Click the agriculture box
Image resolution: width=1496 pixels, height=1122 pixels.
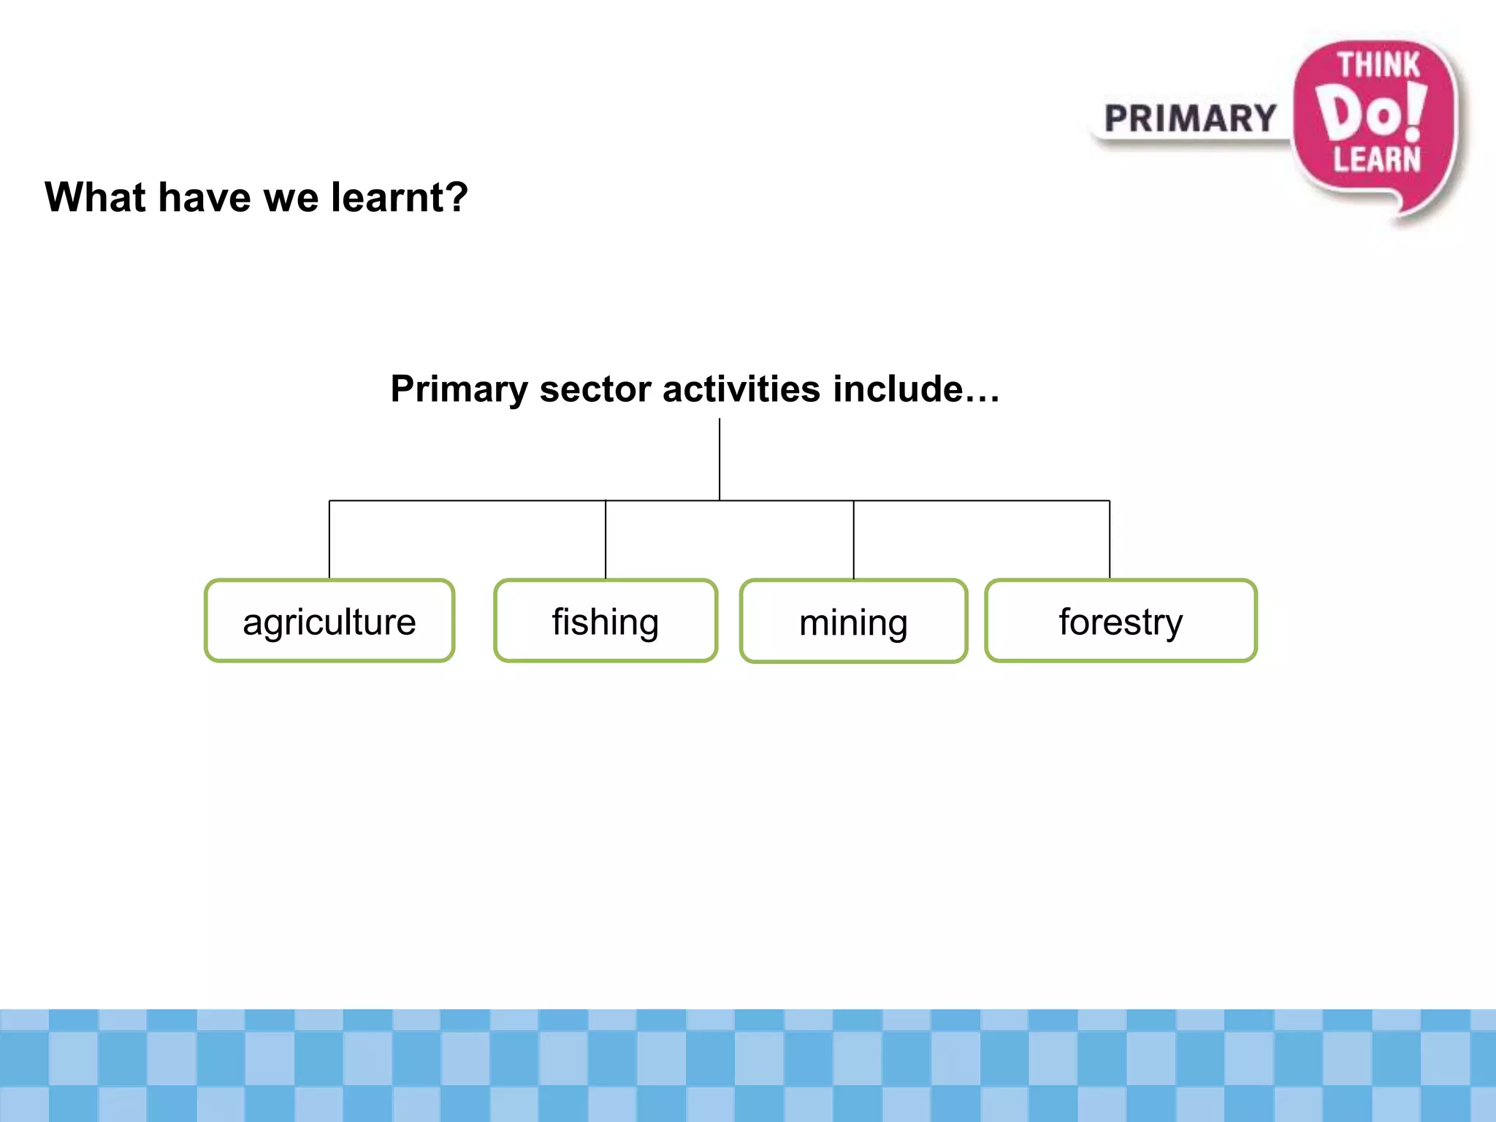tap(329, 621)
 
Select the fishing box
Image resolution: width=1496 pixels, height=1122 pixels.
tap(606, 621)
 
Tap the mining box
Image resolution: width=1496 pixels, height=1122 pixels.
tap(853, 622)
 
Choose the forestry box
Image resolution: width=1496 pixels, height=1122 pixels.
tap(1121, 621)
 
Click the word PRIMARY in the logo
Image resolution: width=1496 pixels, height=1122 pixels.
tap(1190, 119)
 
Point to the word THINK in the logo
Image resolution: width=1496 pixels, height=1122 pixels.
tap(1378, 65)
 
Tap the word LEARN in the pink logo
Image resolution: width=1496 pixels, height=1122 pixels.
tap(1377, 159)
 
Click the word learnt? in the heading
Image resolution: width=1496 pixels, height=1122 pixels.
tap(399, 197)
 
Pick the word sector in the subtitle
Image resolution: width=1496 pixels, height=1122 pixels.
tap(595, 389)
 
